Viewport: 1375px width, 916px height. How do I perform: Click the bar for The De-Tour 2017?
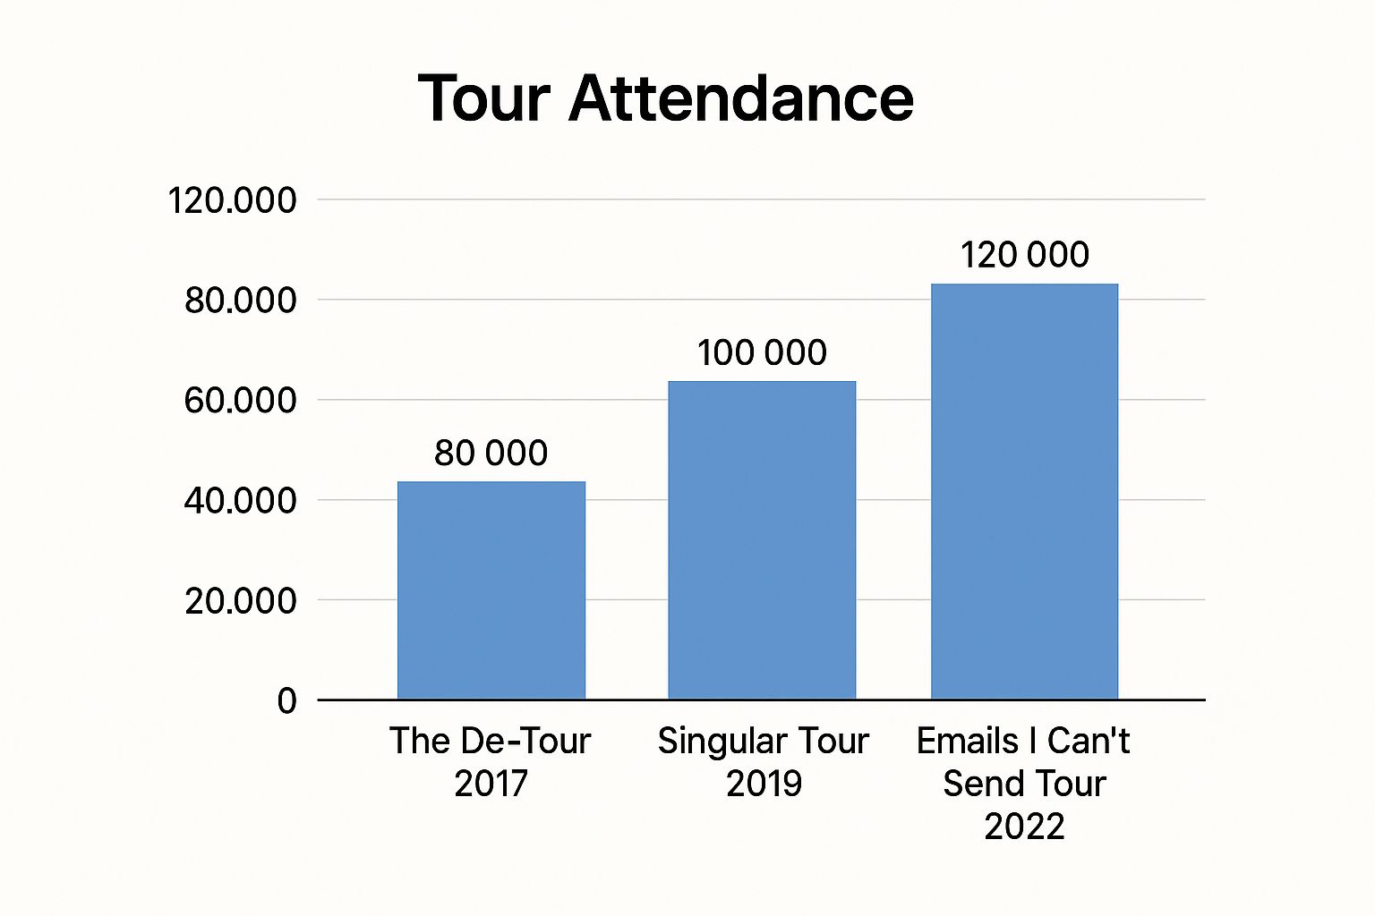491,590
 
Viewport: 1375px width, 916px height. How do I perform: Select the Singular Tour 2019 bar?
762,540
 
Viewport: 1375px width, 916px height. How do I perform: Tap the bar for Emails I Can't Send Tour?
1024,491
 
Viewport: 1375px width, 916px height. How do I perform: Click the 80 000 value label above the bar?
491,454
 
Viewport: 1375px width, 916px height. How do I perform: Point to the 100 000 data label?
762,353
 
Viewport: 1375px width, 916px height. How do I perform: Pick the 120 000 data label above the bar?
1024,255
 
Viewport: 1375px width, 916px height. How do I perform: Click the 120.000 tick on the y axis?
232,200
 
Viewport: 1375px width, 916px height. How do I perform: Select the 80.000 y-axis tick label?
240,301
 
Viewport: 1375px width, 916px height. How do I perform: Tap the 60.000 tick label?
240,401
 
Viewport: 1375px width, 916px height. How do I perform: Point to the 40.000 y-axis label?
240,501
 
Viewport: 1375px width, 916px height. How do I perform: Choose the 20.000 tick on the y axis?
240,601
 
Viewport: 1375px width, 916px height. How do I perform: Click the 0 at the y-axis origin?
286,700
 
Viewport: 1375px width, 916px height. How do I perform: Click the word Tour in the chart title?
483,98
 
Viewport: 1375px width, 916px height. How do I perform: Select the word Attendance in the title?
741,98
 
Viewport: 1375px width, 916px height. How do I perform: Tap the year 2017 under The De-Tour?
491,784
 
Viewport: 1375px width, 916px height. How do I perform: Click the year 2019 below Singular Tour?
764,784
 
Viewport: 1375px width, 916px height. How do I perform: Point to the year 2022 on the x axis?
1024,826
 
